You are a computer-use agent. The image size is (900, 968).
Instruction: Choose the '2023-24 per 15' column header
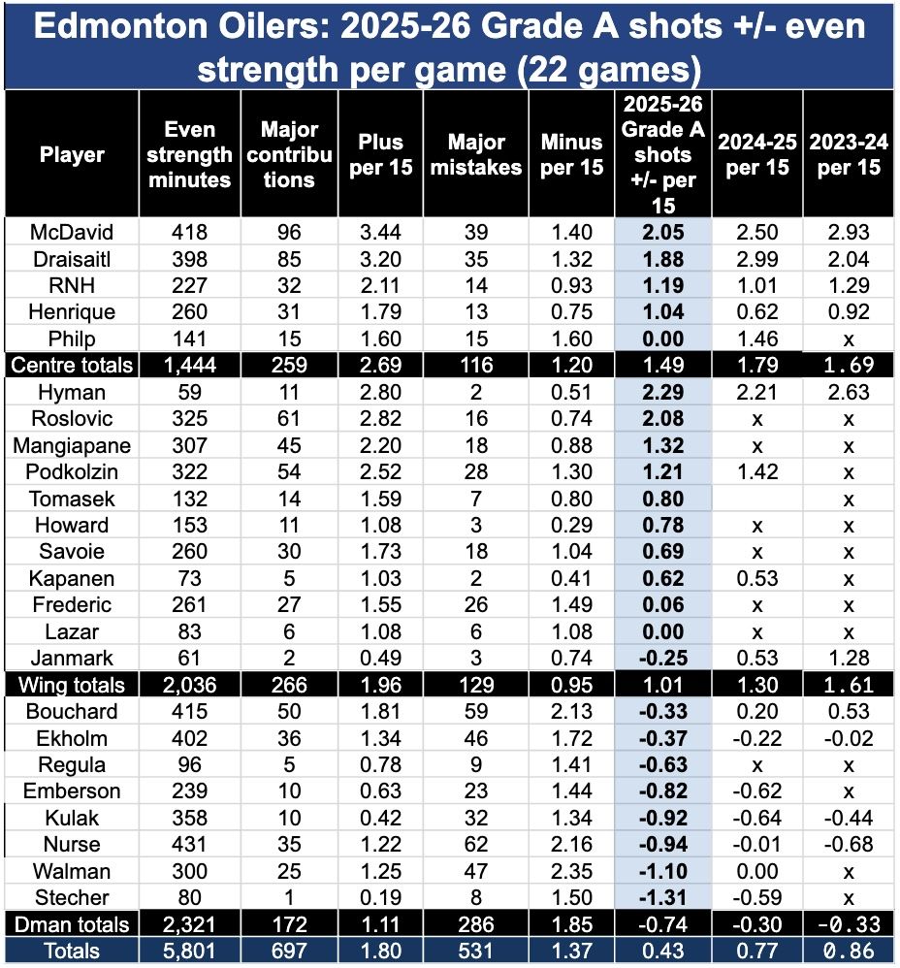849,155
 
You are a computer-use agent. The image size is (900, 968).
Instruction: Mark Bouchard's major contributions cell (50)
288,711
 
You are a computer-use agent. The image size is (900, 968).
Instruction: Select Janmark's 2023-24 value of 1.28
849,658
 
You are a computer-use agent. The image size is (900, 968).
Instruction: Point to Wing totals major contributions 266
288,685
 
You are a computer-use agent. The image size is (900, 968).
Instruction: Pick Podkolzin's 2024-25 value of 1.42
756,472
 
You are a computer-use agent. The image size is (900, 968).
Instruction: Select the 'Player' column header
71,155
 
